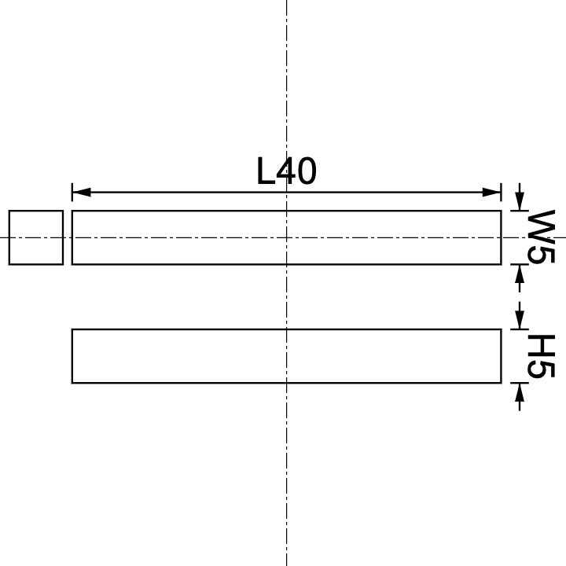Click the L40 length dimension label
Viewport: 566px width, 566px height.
pos(287,171)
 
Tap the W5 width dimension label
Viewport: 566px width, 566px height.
pos(541,237)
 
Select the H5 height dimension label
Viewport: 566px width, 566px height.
pos(541,356)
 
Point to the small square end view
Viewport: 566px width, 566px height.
pos(36,237)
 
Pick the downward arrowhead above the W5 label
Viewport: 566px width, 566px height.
pos(518,202)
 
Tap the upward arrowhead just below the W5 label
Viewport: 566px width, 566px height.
pos(518,274)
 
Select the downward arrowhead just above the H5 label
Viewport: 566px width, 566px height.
pos(518,320)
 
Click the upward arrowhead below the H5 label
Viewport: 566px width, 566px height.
pos(518,392)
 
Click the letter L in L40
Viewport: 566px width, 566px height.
pos(266,171)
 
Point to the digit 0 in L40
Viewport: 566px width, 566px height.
pos(306,171)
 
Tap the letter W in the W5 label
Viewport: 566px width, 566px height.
pos(541,226)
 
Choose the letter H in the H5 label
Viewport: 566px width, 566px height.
pos(541,346)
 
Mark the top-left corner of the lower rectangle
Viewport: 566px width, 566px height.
pos(72,329)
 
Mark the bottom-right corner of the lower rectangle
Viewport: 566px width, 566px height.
pos(501,383)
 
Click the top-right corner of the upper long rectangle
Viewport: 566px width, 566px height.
pos(501,211)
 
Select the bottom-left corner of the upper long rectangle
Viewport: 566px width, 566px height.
pos(72,264)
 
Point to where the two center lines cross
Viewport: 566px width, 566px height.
pos(287,237)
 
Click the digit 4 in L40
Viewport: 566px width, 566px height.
pos(285,171)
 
